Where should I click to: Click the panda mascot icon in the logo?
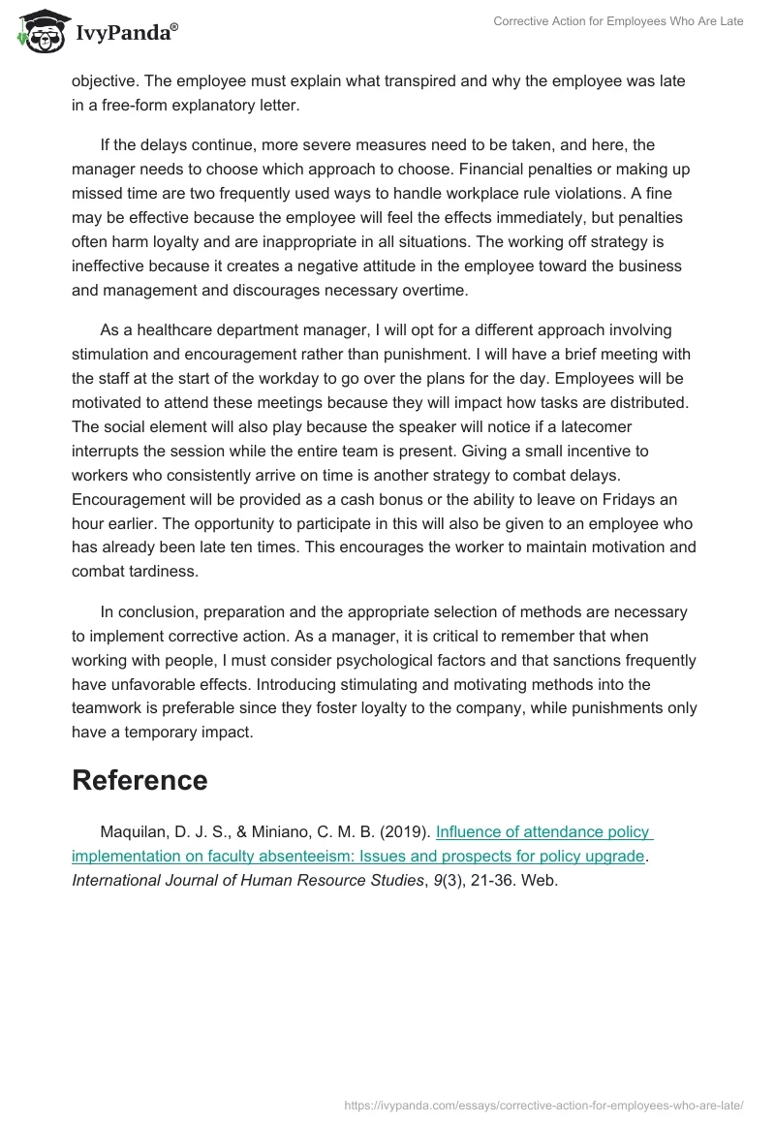(x=36, y=31)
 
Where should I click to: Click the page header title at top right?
(x=619, y=21)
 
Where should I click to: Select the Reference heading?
(x=139, y=780)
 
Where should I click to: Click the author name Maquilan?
(x=134, y=831)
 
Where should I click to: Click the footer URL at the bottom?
(x=543, y=1105)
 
